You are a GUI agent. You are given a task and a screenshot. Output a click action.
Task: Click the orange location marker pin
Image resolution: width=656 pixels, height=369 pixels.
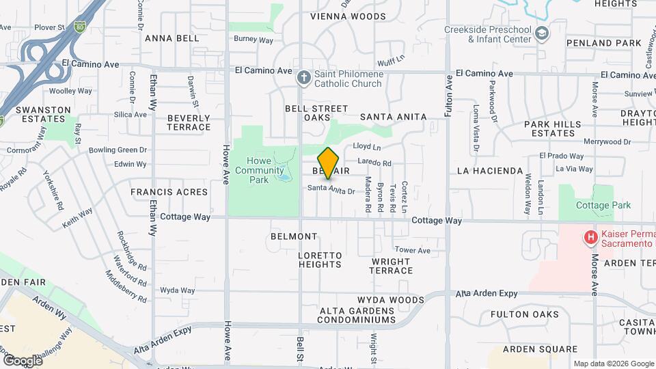pos(328,163)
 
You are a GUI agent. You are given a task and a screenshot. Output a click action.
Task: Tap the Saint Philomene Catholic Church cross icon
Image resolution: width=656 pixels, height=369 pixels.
pos(304,77)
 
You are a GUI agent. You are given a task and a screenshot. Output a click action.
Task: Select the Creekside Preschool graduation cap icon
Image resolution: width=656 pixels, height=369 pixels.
pos(542,33)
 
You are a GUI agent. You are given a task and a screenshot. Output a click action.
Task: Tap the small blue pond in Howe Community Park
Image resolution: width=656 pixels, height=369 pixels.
pos(283,178)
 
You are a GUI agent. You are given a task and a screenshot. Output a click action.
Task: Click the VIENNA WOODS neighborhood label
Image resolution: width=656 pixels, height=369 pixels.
pos(348,16)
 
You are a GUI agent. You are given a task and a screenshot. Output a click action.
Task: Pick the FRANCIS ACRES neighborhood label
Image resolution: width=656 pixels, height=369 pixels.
pos(169,192)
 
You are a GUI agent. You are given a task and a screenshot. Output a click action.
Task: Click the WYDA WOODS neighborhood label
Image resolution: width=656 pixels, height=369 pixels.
pos(390,300)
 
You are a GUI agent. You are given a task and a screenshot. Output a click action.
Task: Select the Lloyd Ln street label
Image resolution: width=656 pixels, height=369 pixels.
pos(367,147)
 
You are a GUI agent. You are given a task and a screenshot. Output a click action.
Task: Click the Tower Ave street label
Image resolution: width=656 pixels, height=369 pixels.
pos(412,251)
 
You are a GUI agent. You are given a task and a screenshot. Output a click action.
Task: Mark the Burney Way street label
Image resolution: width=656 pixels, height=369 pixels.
pos(254,40)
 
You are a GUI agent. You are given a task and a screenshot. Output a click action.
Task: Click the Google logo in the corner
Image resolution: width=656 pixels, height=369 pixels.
pos(23,360)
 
